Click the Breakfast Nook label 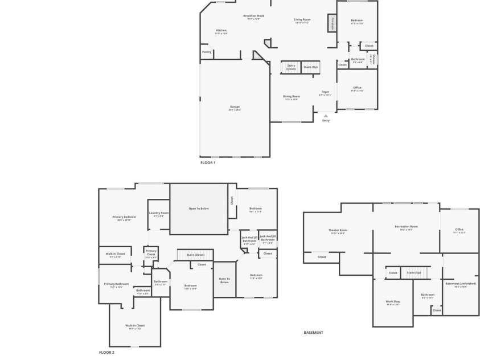[x=253, y=16]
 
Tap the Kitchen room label [x=221, y=31]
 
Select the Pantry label [x=207, y=52]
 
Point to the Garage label [x=235, y=107]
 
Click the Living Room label [x=302, y=20]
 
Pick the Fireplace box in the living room [x=331, y=23]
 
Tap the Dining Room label [x=292, y=96]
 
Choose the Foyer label [x=325, y=92]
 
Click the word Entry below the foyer [x=326, y=121]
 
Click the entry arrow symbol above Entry [x=326, y=115]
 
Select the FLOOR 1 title [x=208, y=163]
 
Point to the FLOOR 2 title [x=106, y=353]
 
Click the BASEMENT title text [x=313, y=333]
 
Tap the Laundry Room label [x=159, y=213]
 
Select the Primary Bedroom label [x=124, y=217]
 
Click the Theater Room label [x=338, y=230]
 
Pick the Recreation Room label [x=406, y=227]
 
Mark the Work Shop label [x=393, y=301]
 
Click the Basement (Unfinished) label [x=460, y=284]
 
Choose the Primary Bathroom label [x=116, y=284]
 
